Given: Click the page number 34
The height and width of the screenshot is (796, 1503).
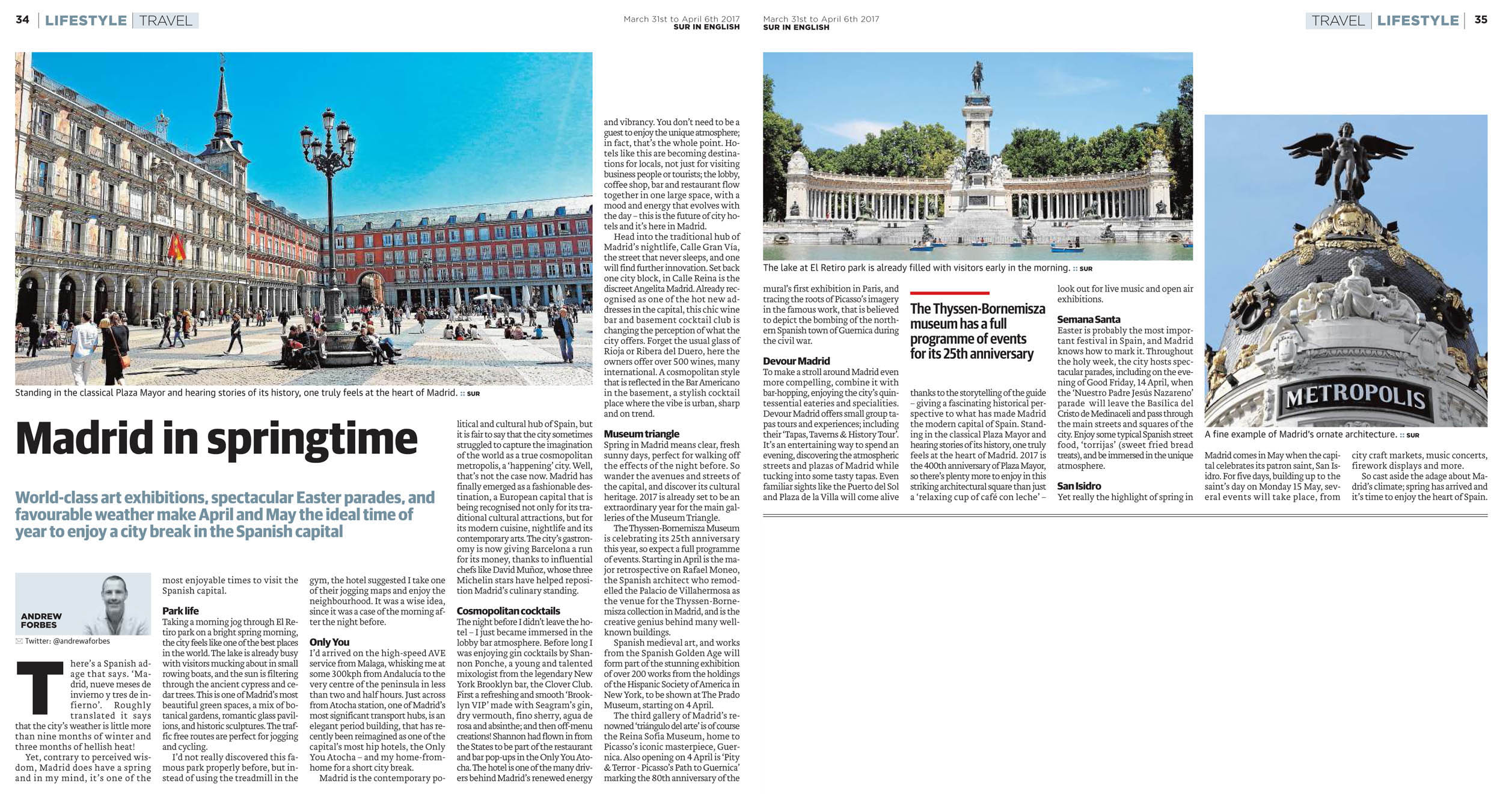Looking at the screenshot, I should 22,20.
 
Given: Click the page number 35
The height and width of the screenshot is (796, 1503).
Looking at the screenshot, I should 1481,20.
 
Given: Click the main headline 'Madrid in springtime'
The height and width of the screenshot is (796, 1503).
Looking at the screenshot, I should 216,439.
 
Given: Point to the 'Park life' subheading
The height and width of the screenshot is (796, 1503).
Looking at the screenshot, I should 180,611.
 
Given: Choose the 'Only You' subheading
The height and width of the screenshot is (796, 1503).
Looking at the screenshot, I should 329,642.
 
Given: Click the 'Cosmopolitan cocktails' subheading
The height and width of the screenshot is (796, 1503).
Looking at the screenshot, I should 508,611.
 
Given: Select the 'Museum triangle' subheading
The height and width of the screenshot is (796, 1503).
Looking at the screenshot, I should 641,434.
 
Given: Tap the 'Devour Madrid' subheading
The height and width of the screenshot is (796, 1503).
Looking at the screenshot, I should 796,361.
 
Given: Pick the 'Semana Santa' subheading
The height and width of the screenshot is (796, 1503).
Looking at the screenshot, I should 1088,319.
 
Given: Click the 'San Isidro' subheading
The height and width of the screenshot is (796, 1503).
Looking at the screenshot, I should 1079,486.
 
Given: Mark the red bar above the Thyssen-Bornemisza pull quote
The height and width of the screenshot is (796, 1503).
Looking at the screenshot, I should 949,293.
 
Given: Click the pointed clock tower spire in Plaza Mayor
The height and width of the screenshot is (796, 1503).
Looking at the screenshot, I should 222,96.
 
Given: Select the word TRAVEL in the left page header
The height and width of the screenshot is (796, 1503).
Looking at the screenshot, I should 165,20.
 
